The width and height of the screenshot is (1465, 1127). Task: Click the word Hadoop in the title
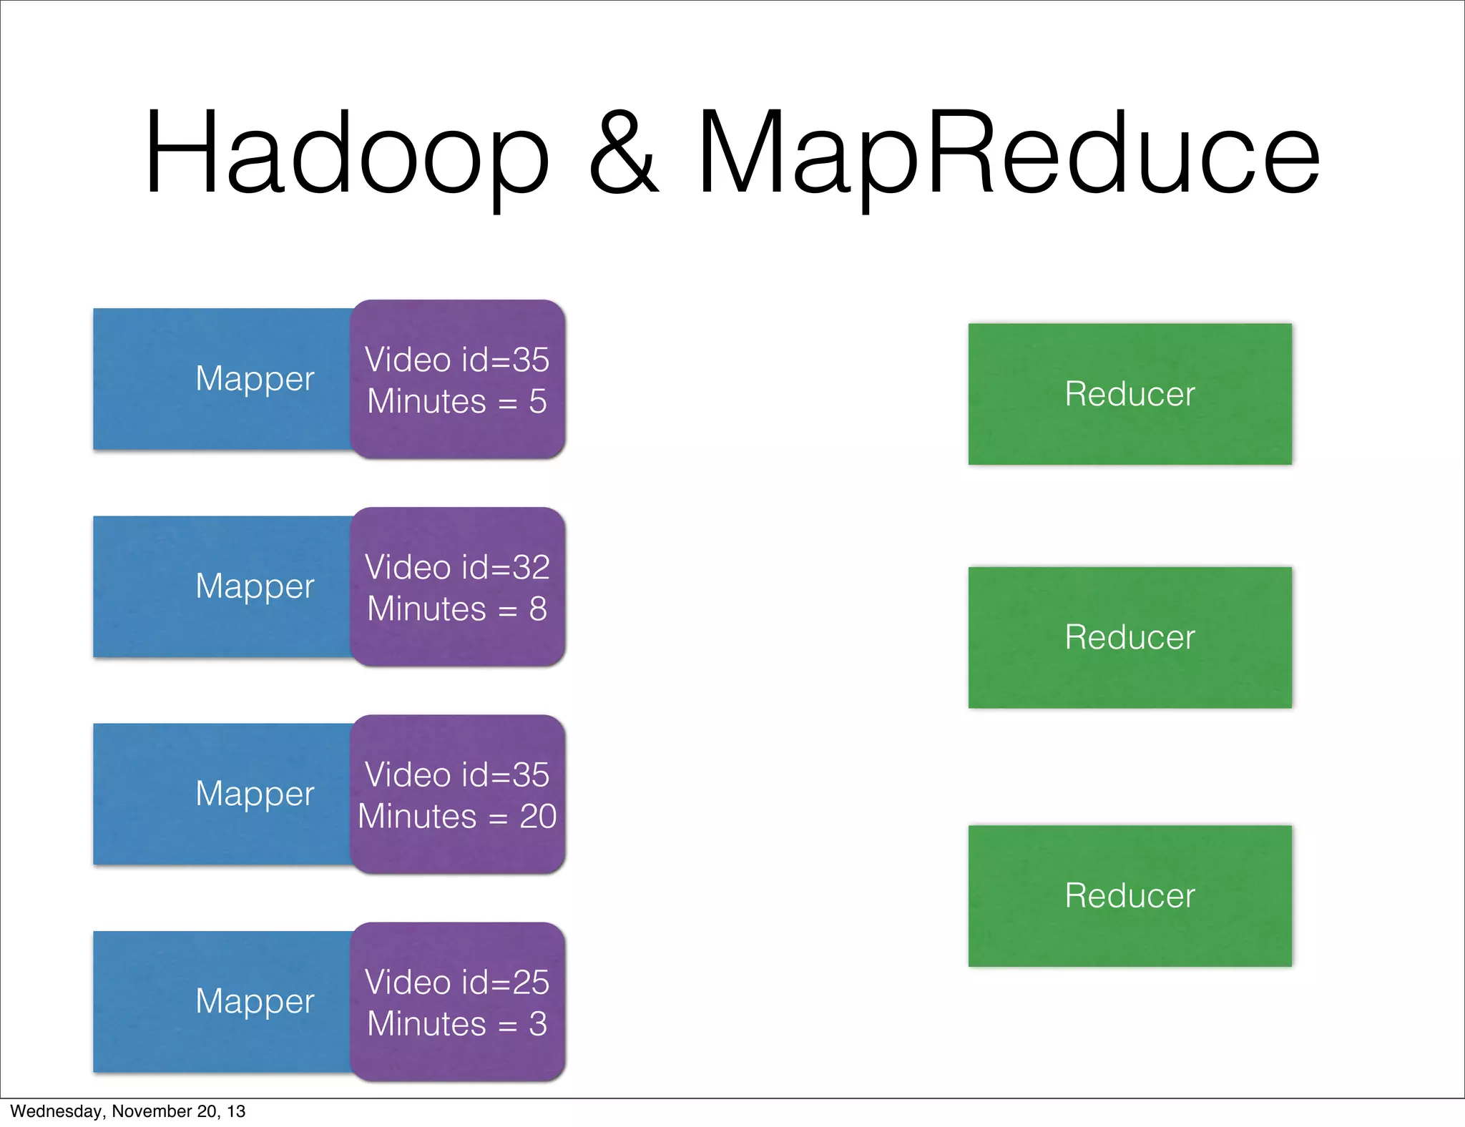(346, 154)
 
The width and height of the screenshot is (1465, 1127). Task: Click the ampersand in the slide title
(622, 154)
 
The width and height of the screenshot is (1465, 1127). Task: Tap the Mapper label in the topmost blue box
(255, 379)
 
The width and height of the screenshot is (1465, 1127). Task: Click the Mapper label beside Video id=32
(255, 586)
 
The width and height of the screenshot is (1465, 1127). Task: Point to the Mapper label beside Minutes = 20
(255, 794)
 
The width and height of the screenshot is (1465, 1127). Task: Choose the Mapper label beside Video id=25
(255, 1001)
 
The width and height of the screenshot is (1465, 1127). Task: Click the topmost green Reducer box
(1130, 394)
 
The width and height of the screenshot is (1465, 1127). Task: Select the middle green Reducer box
(1130, 637)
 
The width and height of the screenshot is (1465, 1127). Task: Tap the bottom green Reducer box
(1130, 896)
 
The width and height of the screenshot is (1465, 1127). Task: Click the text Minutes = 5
(457, 402)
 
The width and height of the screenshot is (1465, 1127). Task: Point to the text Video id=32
(457, 568)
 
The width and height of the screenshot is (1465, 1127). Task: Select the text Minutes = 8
(457, 609)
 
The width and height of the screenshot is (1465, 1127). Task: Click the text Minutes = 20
(457, 817)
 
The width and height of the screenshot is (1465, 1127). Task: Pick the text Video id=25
(457, 983)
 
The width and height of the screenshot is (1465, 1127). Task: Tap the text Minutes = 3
(457, 1024)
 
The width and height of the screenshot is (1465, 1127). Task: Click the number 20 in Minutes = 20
(538, 817)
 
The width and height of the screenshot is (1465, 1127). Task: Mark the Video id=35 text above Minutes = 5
(457, 360)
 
